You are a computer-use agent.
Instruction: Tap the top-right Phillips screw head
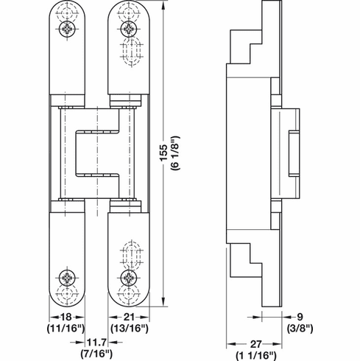(x=129, y=30)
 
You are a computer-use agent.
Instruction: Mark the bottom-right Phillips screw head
(x=129, y=278)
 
